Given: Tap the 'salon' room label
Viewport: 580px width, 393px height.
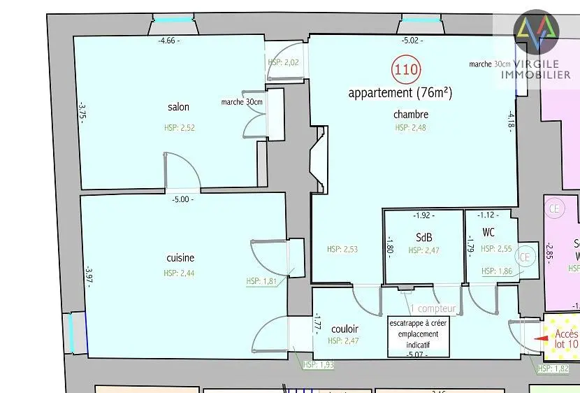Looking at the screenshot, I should [178, 107].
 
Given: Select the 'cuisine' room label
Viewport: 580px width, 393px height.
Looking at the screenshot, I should [180, 258].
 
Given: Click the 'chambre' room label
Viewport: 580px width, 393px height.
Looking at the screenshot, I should [411, 115].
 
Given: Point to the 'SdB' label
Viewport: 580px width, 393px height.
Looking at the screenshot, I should [424, 237].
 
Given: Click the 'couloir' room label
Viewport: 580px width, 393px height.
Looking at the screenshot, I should [345, 329].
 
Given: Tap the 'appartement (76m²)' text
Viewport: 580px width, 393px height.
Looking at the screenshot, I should [400, 93].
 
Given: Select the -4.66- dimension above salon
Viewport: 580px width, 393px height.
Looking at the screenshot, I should [168, 41].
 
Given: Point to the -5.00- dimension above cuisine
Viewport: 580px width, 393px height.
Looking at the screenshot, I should [182, 199].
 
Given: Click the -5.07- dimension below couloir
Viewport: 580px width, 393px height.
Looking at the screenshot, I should [416, 355].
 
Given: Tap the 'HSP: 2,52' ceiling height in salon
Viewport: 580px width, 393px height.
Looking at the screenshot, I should [178, 128].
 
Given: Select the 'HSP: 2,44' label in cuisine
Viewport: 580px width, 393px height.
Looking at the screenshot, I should [180, 273].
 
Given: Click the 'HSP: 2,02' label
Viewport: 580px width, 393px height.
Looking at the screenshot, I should [283, 62].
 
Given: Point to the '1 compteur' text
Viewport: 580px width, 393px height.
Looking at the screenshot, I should [433, 308].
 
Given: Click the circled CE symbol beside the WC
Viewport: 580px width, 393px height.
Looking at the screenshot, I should [525, 257].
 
